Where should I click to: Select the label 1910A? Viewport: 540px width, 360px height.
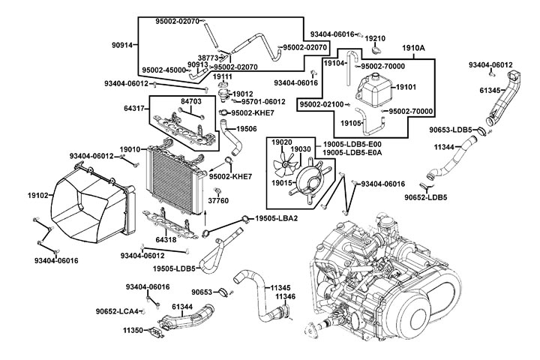click(413, 48)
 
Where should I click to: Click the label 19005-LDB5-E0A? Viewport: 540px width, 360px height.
click(352, 153)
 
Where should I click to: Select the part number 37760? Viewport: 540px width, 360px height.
click(217, 201)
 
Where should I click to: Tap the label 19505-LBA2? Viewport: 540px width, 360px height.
click(276, 218)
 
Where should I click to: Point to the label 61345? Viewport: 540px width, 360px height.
click(490, 90)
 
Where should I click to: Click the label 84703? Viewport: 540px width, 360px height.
click(191, 100)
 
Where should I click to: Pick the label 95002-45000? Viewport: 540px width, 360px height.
click(163, 70)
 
